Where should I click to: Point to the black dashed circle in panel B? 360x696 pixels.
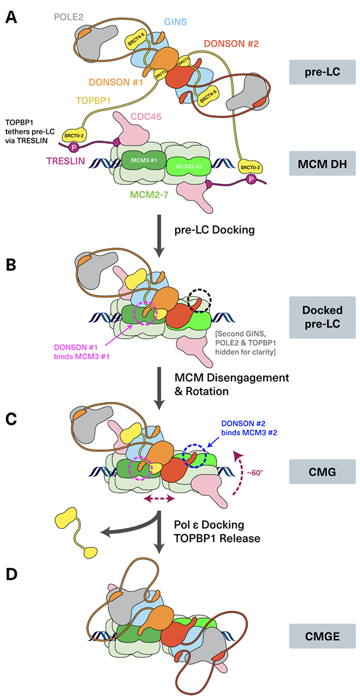click(200, 299)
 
